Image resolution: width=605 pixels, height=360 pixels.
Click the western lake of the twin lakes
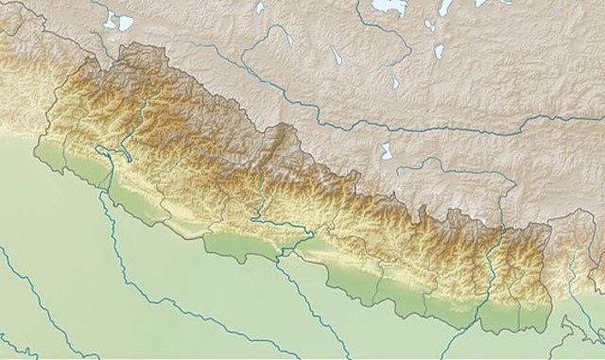pos(110,21)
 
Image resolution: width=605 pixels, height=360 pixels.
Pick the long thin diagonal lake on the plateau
pos(336,56)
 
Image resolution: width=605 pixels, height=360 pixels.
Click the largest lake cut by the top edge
pos(389,8)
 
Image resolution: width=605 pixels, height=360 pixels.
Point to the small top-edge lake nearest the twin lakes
pos(261,8)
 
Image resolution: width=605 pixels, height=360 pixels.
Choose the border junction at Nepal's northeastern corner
pos(551,225)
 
